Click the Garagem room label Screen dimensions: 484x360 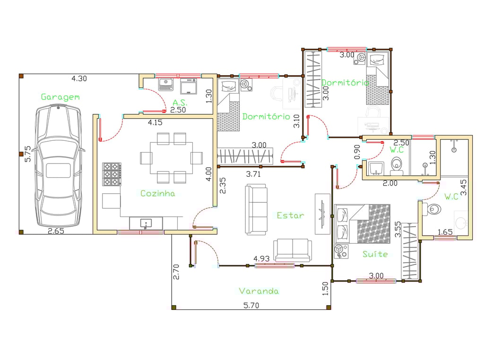tap(60, 97)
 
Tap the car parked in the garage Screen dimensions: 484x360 tap(58, 165)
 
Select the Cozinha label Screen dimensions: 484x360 tap(157, 193)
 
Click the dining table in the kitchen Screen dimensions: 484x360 tap(171, 158)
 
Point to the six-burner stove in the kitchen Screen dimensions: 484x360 tap(112, 174)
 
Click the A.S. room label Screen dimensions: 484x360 tap(180, 103)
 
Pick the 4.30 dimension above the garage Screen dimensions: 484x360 tap(79, 79)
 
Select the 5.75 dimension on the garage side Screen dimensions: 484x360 tap(27, 154)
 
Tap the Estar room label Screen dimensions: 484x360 tap(291, 215)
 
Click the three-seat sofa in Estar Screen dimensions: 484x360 tap(256, 209)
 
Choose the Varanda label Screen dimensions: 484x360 tap(259, 291)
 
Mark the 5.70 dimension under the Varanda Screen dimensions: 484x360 tap(251, 305)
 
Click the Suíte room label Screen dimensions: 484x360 tap(375, 254)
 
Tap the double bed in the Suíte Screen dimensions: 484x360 tap(362, 223)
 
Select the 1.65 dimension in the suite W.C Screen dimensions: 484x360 tap(445, 232)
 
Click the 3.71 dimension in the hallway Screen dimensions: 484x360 tap(253, 174)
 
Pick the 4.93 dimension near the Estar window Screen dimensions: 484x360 tap(261, 258)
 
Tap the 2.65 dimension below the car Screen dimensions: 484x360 tap(56, 231)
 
